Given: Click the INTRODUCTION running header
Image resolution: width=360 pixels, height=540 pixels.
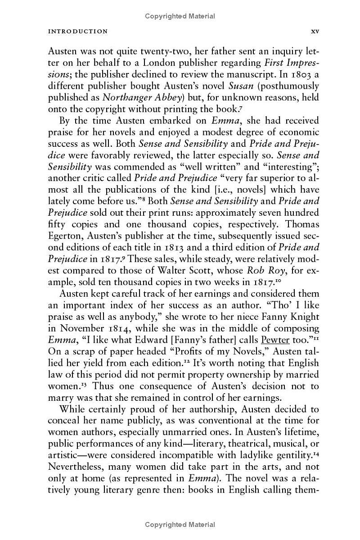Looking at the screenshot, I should click(78, 32).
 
